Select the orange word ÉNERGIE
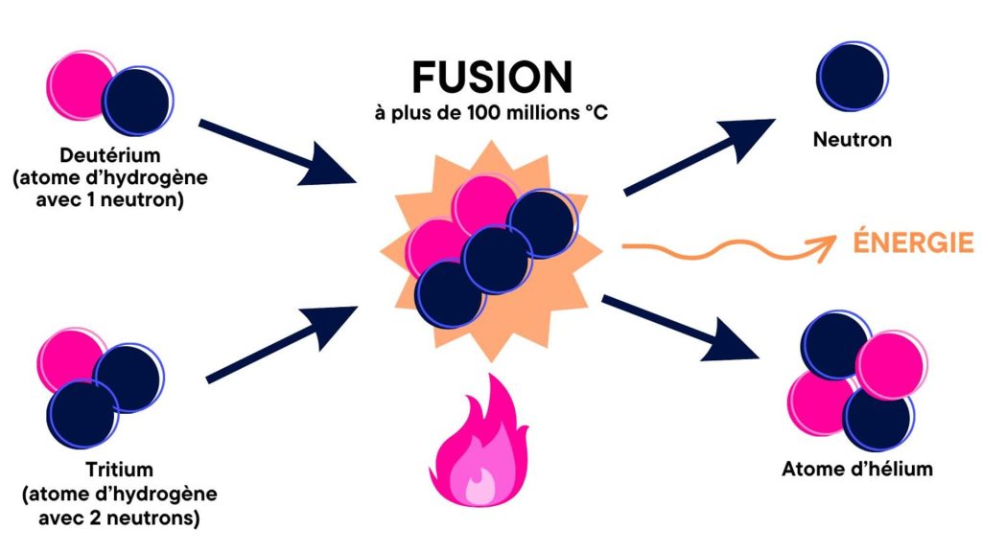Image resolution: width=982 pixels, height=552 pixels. [913, 242]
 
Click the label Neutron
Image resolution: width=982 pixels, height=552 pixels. [852, 140]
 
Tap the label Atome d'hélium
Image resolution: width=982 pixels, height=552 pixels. [856, 470]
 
